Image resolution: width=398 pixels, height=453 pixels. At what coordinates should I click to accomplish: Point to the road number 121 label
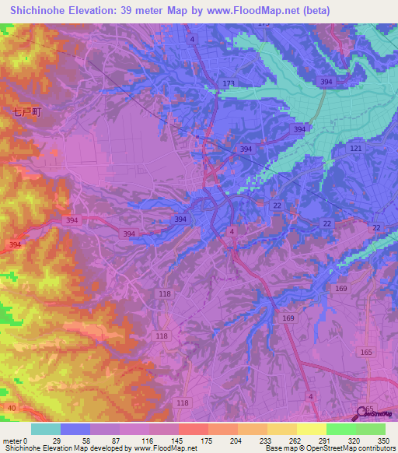click(356, 148)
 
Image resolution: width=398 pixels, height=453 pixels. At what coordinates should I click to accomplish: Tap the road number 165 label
click(366, 353)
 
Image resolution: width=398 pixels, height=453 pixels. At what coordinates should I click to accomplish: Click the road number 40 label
click(10, 407)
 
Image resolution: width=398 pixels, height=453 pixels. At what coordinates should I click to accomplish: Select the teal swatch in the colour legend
click(46, 429)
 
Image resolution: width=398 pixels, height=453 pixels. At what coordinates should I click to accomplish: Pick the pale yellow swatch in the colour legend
click(311, 429)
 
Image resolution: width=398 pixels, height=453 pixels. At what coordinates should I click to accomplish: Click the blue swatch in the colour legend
click(75, 429)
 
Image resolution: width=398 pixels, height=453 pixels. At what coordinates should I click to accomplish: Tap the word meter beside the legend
click(11, 441)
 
